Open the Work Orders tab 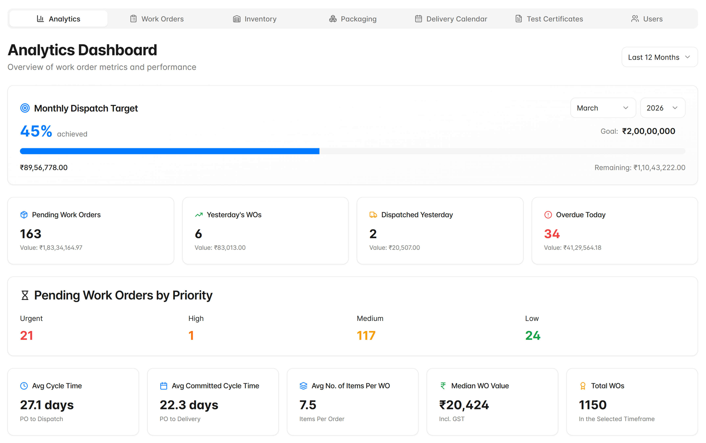pyautogui.click(x=157, y=19)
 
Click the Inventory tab pyautogui.click(x=255, y=19)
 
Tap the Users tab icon pyautogui.click(x=635, y=19)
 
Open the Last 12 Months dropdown pyautogui.click(x=659, y=57)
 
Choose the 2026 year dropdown pyautogui.click(x=662, y=108)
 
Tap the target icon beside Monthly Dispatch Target pyautogui.click(x=25, y=108)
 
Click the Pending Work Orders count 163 pyautogui.click(x=30, y=234)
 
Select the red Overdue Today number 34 pyautogui.click(x=552, y=234)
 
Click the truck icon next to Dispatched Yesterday pyautogui.click(x=373, y=215)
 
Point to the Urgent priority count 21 pyautogui.click(x=27, y=335)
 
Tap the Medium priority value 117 pyautogui.click(x=366, y=335)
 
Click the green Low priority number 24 pyautogui.click(x=533, y=335)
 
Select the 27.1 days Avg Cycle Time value pyautogui.click(x=47, y=405)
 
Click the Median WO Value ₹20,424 pyautogui.click(x=464, y=405)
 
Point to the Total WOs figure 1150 pyautogui.click(x=593, y=405)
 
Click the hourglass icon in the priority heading pyautogui.click(x=25, y=295)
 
